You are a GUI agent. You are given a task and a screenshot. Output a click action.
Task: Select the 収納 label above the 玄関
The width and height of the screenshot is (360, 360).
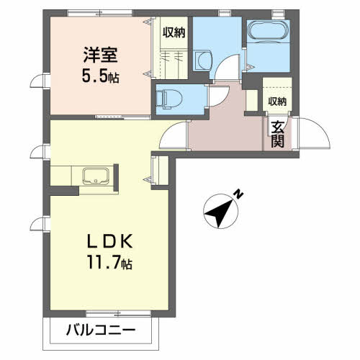pos(277,102)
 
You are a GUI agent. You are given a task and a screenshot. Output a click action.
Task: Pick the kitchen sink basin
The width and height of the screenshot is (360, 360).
pos(96,176)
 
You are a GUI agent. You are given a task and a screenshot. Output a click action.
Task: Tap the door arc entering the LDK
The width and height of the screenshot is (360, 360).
pos(173,135)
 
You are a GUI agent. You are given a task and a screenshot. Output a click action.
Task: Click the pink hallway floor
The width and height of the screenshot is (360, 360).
pos(224,130)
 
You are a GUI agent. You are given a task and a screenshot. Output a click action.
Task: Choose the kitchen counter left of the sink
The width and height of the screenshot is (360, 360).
pos(65,176)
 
